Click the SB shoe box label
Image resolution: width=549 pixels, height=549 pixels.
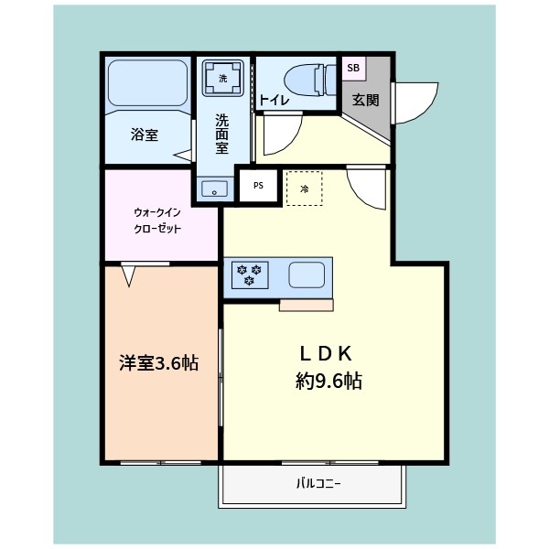pos(353,69)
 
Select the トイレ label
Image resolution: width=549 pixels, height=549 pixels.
pos(275,101)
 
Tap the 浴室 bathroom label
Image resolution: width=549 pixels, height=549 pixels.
pos(145,135)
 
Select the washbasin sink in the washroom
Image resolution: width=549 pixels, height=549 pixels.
pos(216,190)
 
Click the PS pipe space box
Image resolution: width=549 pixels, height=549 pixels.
pos(258,185)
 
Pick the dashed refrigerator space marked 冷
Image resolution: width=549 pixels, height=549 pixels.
pos(305,189)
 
